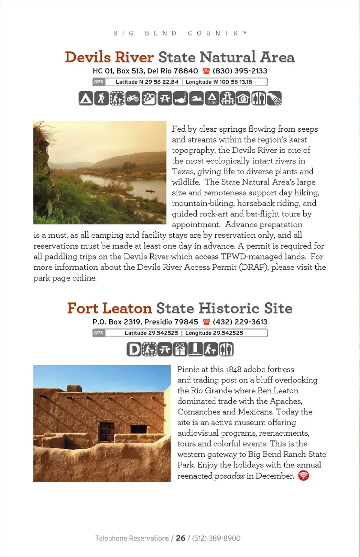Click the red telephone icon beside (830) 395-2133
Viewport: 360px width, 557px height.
click(x=206, y=71)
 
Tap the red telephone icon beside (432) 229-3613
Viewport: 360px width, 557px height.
click(x=206, y=322)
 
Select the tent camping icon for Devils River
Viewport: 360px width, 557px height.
click(x=86, y=98)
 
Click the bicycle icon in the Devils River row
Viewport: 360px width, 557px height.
click(x=133, y=98)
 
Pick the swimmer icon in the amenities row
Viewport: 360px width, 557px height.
click(x=196, y=98)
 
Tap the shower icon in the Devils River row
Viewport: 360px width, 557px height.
click(x=274, y=98)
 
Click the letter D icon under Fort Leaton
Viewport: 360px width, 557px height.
click(x=134, y=349)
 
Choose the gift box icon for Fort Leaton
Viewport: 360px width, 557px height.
click(x=180, y=349)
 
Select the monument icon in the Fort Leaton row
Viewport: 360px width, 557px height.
click(x=195, y=349)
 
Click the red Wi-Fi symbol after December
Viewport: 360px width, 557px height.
click(x=303, y=476)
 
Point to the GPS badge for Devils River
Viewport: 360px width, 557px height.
click(x=99, y=82)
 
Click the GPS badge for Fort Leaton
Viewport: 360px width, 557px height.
click(x=99, y=333)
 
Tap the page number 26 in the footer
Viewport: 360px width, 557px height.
click(x=180, y=538)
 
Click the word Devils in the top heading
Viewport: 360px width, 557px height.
click(x=88, y=57)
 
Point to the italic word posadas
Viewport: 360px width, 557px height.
click(x=229, y=476)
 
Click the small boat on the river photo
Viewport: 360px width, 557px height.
click(x=150, y=191)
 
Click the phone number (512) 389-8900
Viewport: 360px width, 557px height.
click(x=216, y=538)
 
